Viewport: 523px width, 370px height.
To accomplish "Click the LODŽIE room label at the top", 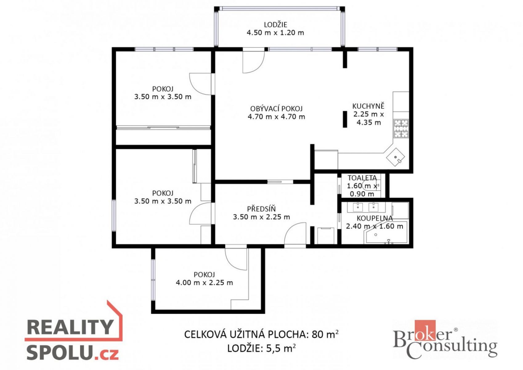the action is point(275,25).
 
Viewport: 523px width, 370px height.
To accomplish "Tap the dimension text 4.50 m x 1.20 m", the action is point(275,33).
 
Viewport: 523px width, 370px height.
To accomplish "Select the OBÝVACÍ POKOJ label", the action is point(277,109).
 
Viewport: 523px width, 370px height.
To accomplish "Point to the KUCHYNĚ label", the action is point(368,106).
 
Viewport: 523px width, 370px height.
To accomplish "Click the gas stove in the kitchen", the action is point(401,128).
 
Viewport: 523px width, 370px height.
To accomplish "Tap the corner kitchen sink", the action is point(395,157).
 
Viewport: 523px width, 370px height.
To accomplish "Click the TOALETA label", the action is point(362,178).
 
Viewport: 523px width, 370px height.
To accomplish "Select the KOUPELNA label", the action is point(375,218).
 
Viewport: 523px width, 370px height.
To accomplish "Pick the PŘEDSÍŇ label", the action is point(261,209).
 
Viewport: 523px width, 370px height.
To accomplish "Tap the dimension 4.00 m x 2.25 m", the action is point(204,283).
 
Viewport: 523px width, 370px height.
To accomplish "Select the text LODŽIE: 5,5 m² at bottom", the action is point(261,348).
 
